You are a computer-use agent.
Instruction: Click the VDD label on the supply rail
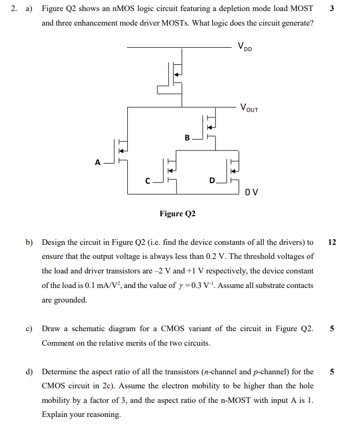coord(245,48)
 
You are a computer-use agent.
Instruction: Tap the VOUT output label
coord(249,107)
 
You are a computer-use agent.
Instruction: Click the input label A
coord(98,162)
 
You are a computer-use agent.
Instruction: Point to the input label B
coord(187,137)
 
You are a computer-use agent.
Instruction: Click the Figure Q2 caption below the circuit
coord(177,214)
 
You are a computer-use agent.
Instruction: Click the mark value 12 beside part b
coord(332,242)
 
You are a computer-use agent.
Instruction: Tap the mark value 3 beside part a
coord(332,9)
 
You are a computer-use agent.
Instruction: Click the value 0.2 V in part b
coord(302,256)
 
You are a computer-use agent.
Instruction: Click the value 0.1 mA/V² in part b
coord(111,286)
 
